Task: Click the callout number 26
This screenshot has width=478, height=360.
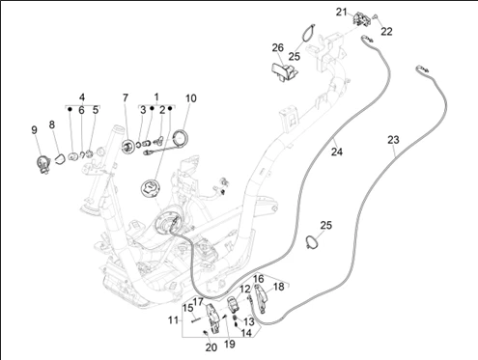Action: tap(278, 48)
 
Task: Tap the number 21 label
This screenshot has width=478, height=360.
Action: tap(342, 13)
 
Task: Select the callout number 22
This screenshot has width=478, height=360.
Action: tap(386, 32)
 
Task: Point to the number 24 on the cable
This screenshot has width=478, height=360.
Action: tap(337, 152)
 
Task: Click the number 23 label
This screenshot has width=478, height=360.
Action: tap(393, 140)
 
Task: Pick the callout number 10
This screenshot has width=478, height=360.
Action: tap(191, 98)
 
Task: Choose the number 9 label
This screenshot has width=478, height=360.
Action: tap(34, 130)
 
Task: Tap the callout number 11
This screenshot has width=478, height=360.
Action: tap(173, 320)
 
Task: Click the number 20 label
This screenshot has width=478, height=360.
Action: tap(211, 347)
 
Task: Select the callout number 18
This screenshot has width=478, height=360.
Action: tap(279, 287)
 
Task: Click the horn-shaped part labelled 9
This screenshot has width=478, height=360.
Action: tap(43, 164)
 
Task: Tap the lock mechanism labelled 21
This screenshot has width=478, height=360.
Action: tap(362, 18)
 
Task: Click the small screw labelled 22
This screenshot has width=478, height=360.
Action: tap(375, 16)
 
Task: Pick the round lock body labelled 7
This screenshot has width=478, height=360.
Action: tap(128, 147)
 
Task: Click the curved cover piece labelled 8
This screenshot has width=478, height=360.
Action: tap(60, 159)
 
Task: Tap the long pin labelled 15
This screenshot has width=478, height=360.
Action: tap(195, 320)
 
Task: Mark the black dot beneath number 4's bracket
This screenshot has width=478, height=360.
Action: tap(70, 109)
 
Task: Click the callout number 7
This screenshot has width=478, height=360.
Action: tap(126, 97)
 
